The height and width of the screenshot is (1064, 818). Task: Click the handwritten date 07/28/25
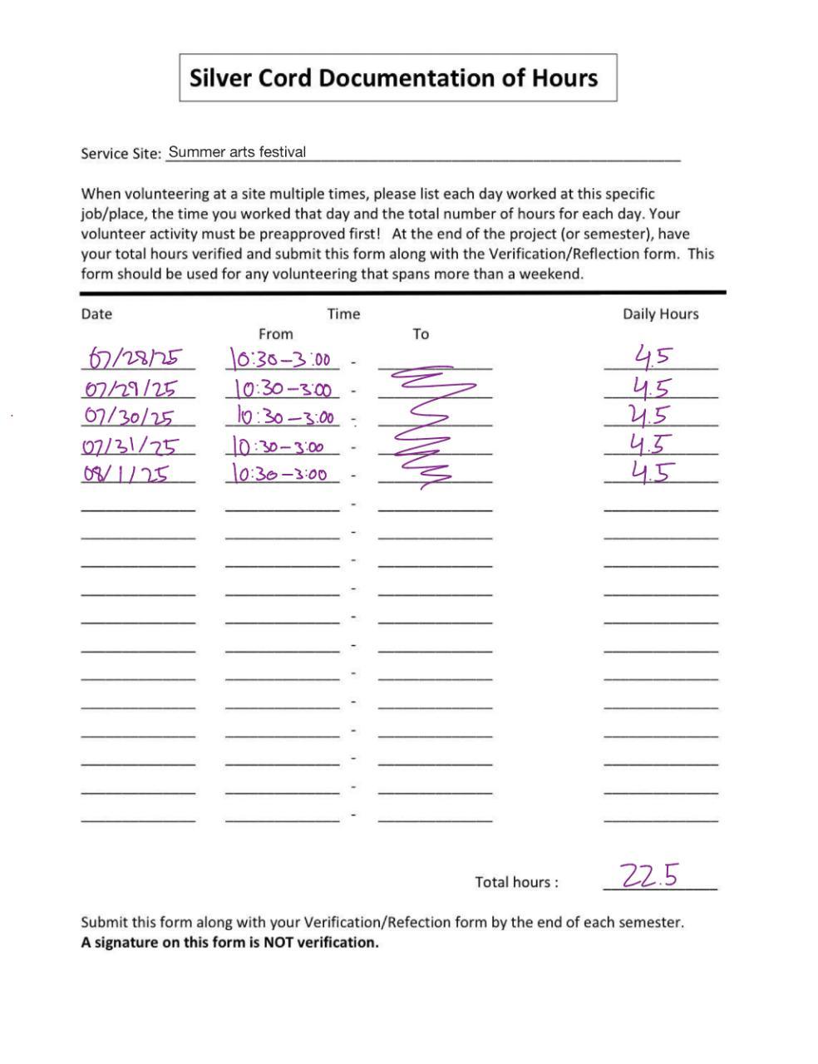[136, 358]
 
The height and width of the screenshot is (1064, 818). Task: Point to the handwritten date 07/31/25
[130, 446]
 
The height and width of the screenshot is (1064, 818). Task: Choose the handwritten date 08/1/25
[126, 475]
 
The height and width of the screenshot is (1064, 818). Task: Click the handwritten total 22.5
[649, 875]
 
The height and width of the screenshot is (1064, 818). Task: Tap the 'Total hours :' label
[516, 882]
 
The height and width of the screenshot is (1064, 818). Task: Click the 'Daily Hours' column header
[660, 313]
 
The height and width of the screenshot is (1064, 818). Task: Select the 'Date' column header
[96, 313]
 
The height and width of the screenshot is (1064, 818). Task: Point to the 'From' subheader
[275, 333]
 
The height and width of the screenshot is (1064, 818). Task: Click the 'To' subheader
[421, 333]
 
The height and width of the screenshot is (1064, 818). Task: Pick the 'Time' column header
[343, 313]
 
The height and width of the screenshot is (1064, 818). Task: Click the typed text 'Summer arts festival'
[237, 152]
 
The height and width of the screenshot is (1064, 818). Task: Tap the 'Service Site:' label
[121, 154]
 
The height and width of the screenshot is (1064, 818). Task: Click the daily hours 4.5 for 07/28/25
[653, 357]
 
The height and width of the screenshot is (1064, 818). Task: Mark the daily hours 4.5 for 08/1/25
[651, 473]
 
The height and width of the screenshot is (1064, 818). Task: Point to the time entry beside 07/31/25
[279, 447]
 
